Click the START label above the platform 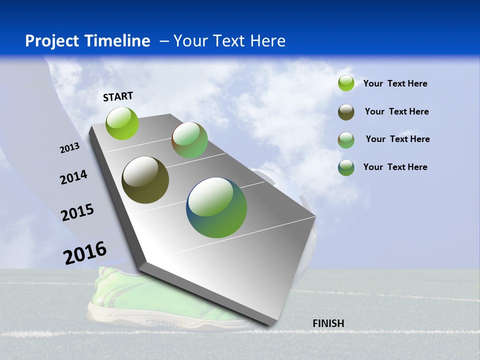coord(118,96)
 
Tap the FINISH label coord(328,323)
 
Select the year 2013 coord(69,148)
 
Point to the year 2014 coord(73,177)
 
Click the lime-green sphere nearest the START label coord(122,123)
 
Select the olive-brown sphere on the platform coord(145,180)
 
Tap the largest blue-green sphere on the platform coord(216,207)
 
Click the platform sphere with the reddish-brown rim coord(189,140)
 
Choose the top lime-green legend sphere coord(346,83)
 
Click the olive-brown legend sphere coord(346,112)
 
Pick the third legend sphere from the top coord(346,140)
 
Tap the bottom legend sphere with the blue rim coord(346,167)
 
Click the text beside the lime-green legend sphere coord(395,84)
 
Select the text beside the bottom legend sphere coord(395,167)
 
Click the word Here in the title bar coord(268,41)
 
